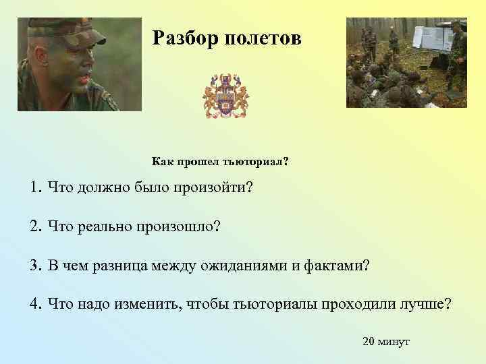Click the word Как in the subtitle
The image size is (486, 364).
coord(161,162)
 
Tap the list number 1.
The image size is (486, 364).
coord(34,187)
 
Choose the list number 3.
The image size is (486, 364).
coord(34,265)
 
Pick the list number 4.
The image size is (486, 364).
coord(34,303)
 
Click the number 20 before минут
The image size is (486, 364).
coord(369,342)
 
